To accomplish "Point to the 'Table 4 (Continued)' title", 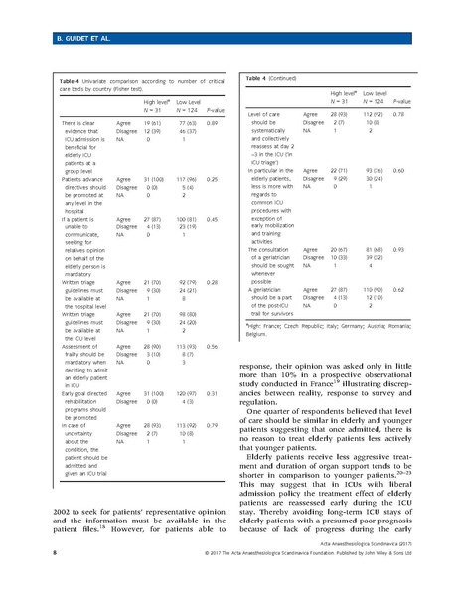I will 282,77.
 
